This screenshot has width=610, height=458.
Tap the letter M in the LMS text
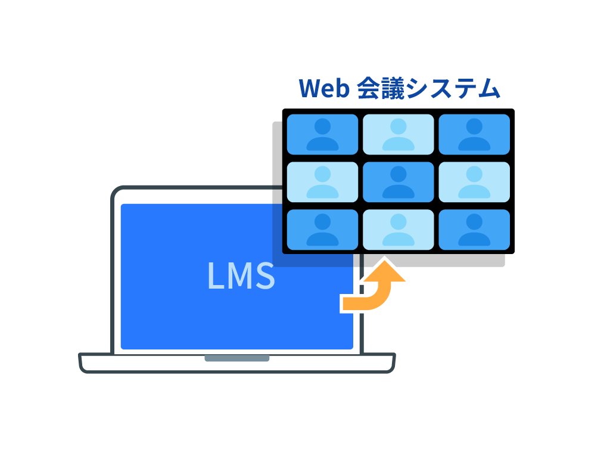(241, 276)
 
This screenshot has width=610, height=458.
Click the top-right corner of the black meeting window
(514, 110)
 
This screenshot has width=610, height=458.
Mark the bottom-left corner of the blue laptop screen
(121, 349)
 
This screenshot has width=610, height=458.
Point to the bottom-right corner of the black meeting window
(514, 253)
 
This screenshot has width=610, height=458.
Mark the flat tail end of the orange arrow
(343, 304)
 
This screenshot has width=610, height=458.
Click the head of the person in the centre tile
(399, 174)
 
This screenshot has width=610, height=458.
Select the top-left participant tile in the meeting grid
(322, 134)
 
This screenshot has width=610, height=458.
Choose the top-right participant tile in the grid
(474, 134)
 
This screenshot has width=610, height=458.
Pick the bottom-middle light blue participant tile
(399, 230)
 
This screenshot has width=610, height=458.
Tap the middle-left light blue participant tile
(322, 182)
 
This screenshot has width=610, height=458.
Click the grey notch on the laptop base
(237, 358)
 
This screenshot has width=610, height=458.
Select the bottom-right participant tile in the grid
(474, 230)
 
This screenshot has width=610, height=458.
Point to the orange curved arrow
(374, 286)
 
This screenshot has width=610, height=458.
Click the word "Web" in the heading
(324, 88)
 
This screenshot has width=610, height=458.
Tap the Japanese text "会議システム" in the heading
(428, 88)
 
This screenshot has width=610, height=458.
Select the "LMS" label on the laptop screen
(241, 276)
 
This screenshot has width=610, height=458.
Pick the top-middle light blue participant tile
(399, 134)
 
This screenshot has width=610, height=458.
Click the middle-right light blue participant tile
(474, 182)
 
